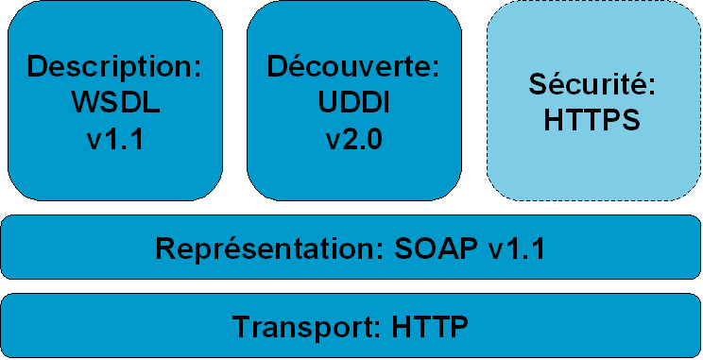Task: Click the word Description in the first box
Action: click(112, 67)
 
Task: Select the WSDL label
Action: click(115, 103)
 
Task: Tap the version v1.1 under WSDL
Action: click(115, 140)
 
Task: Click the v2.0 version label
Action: click(354, 140)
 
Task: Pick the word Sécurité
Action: click(589, 85)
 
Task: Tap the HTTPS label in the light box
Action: click(592, 121)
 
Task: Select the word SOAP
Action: click(428, 249)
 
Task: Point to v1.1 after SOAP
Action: click(516, 249)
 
